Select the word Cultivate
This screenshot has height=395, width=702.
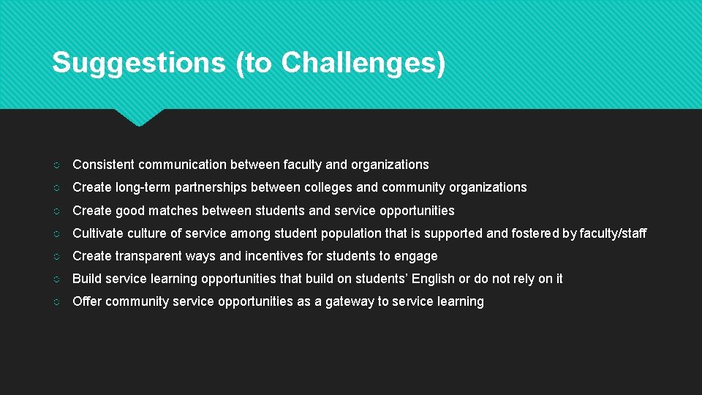coord(97,233)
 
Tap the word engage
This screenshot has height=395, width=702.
coord(415,256)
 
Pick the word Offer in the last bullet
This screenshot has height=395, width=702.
coord(87,301)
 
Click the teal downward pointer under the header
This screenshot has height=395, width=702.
coord(139,117)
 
